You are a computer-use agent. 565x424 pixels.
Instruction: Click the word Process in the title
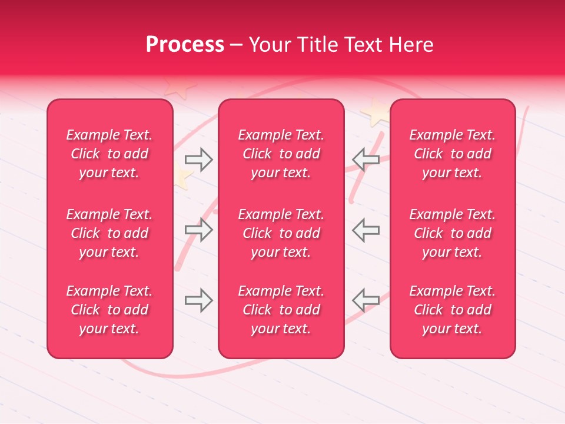coord(185,45)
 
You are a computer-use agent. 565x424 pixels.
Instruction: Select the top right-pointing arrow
coord(198,159)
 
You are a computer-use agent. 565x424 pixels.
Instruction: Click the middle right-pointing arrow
coord(198,230)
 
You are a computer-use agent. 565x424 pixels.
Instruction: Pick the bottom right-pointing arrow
coord(198,300)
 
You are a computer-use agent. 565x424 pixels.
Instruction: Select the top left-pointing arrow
coord(365,159)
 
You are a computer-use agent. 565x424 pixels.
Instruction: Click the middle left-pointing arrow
coord(365,230)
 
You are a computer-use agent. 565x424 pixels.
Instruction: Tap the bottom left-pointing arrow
coord(365,300)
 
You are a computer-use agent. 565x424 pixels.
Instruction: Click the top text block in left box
coord(109,154)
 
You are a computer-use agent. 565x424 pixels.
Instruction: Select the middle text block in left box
coord(109,233)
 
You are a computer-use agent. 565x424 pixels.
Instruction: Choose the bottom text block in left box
coord(109,310)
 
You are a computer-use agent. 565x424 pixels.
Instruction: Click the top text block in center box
coord(281,154)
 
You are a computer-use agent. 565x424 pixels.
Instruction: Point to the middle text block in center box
coord(281,233)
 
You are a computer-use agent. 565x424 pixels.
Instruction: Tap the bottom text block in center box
coord(281,310)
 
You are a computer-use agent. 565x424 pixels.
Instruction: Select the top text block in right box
coord(452,154)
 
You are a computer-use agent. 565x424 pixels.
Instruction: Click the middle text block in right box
coord(452,233)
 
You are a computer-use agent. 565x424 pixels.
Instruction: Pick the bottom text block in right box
coord(452,310)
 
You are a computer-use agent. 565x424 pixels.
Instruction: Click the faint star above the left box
coord(180,87)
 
